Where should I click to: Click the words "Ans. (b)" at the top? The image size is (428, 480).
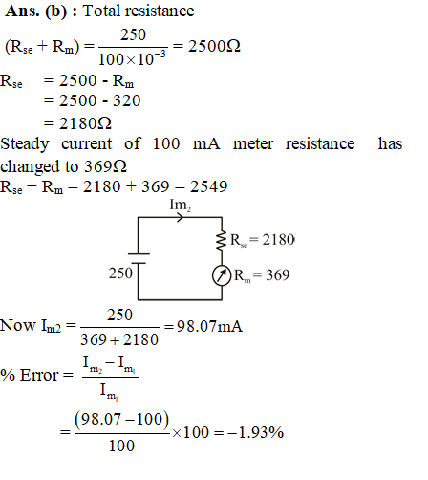pyautogui.click(x=36, y=11)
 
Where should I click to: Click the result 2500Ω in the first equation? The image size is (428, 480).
pyautogui.click(x=214, y=46)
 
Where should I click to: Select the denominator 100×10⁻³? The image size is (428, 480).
pyautogui.click(x=132, y=58)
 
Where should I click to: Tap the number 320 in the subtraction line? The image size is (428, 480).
pyautogui.click(x=127, y=100)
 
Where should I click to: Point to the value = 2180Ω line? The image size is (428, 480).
pyautogui.click(x=77, y=123)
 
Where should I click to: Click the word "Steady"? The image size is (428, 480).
pyautogui.click(x=25, y=144)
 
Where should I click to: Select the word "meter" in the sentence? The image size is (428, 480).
pyautogui.click(x=253, y=144)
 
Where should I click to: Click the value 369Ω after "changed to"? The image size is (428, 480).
pyautogui.click(x=105, y=166)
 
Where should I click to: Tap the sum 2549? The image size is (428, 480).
pyautogui.click(x=209, y=186)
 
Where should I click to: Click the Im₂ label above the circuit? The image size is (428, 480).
pyautogui.click(x=181, y=205)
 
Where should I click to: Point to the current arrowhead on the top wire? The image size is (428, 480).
pyautogui.click(x=181, y=218)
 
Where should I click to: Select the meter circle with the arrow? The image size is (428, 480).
pyautogui.click(x=222, y=275)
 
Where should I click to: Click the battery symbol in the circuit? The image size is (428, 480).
pyautogui.click(x=139, y=258)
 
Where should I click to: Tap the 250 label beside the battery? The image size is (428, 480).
pyautogui.click(x=120, y=273)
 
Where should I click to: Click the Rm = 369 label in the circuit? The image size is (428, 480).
pyautogui.click(x=262, y=275)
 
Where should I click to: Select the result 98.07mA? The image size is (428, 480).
pyautogui.click(x=209, y=326)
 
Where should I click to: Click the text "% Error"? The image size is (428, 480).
pyautogui.click(x=30, y=375)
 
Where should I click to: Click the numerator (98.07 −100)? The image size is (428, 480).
pyautogui.click(x=121, y=419)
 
